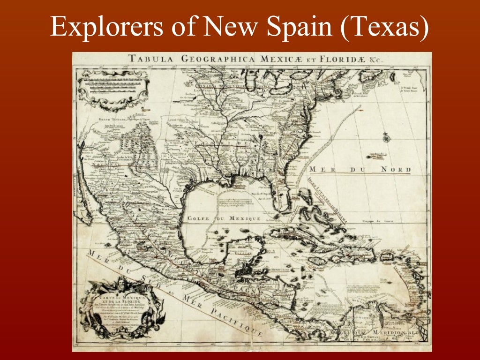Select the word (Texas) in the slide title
click(x=385, y=27)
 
